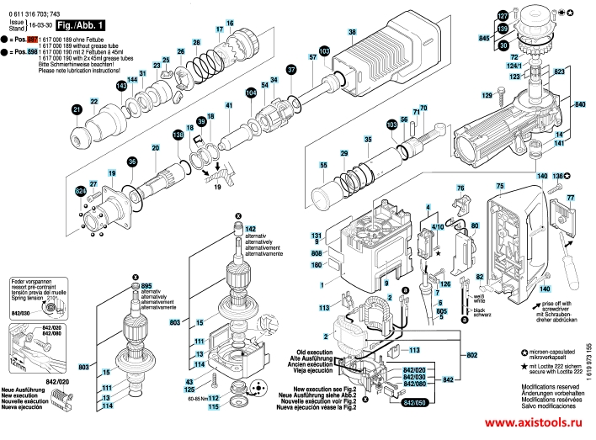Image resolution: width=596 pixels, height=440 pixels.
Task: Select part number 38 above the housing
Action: (x=353, y=32)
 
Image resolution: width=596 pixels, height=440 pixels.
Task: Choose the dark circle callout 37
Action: (x=291, y=70)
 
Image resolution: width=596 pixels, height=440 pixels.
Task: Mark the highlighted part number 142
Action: (x=250, y=229)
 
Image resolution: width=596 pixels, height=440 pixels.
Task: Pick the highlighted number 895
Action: (x=146, y=287)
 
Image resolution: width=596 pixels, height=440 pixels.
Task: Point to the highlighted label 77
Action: (x=570, y=198)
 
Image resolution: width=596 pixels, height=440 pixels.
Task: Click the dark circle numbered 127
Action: (x=503, y=16)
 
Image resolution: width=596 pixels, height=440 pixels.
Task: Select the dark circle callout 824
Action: (x=81, y=192)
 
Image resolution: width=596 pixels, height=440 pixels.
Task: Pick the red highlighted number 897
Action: (x=33, y=40)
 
